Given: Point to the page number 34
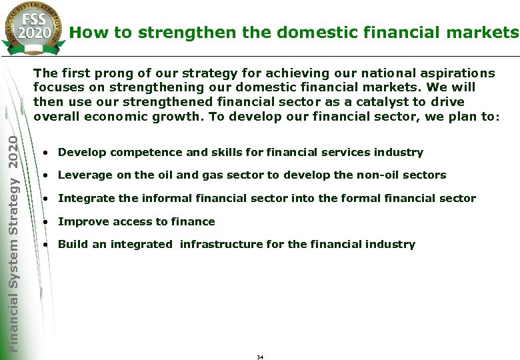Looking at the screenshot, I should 260,357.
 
